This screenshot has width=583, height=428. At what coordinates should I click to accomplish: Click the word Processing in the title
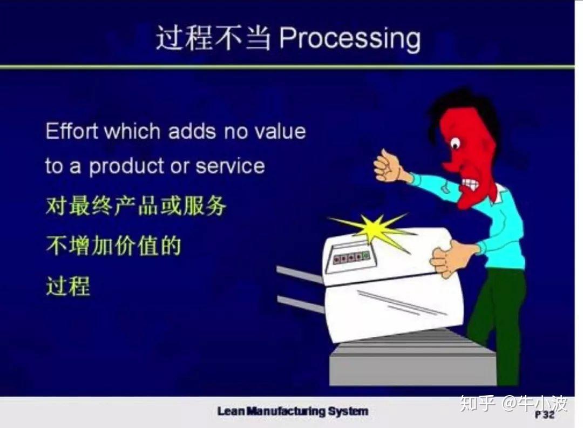[x=350, y=39]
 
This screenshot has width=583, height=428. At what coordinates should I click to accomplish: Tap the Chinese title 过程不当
[x=213, y=38]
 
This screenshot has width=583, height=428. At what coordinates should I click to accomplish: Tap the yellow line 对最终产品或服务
[x=135, y=206]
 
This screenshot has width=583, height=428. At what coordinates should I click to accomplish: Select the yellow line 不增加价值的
[x=113, y=246]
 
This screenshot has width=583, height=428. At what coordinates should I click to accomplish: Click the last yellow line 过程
[x=68, y=286]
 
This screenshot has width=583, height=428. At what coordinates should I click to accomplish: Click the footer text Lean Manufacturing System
[x=293, y=411]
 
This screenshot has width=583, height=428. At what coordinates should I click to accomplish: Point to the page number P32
[x=545, y=415]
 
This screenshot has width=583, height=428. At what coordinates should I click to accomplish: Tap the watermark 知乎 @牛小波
[x=514, y=403]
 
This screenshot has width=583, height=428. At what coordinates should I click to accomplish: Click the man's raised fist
[x=389, y=166]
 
